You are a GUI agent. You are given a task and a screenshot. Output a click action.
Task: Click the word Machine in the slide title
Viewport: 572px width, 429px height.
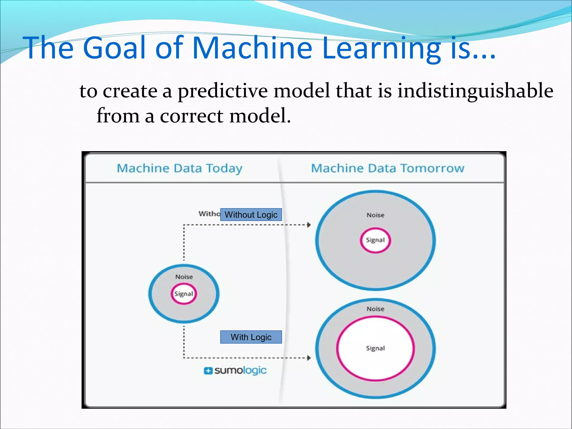252,48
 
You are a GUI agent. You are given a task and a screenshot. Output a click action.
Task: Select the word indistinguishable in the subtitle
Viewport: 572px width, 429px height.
475,91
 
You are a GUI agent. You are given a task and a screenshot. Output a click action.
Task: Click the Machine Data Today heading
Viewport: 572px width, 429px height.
180,168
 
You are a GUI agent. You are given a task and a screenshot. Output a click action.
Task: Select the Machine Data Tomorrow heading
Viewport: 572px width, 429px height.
388,168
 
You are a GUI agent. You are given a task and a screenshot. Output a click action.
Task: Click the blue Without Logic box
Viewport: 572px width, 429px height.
251,215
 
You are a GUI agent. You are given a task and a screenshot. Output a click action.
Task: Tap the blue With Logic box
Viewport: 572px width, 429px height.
251,337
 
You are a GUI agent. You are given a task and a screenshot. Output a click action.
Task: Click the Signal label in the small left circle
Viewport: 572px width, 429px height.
184,294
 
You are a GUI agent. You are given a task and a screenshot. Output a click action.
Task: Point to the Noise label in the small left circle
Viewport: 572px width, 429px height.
184,277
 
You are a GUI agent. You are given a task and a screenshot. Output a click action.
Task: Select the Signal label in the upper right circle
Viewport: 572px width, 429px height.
375,240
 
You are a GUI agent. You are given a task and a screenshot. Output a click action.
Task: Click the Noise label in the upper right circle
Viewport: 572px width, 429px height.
375,215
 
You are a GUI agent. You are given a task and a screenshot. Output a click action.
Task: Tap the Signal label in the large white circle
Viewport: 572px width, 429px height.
375,348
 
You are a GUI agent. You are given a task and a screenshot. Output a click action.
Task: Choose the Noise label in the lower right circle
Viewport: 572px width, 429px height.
375,309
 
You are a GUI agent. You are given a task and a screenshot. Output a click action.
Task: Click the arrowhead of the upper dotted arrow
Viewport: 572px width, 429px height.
309,225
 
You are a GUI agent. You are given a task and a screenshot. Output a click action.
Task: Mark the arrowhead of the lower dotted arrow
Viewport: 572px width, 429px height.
309,358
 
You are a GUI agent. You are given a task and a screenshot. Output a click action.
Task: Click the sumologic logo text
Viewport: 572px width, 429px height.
240,371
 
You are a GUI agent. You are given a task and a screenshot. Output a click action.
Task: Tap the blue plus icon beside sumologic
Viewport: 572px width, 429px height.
208,371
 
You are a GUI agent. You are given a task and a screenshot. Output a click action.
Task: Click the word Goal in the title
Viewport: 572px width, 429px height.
115,48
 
